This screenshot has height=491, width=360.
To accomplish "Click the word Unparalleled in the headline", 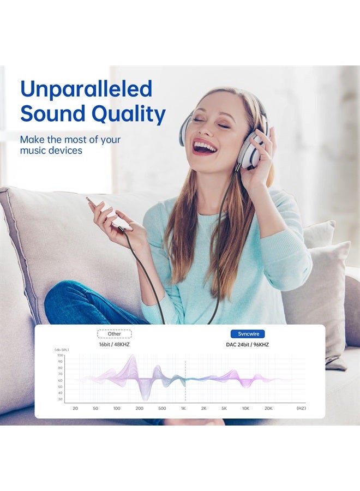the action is (x=86, y=89).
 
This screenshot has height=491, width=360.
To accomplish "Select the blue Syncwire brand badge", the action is (x=248, y=334).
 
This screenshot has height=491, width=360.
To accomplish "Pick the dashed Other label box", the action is (x=114, y=334).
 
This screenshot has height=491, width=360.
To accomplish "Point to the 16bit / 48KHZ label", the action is (x=114, y=344).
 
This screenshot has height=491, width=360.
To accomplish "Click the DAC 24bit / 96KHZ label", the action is (x=247, y=345).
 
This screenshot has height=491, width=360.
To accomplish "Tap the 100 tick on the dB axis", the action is (x=60, y=355).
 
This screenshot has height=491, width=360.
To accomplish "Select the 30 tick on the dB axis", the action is (x=61, y=399).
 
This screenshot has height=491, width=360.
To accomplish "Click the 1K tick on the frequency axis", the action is (x=183, y=408).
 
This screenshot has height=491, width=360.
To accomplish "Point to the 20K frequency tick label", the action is (x=268, y=408).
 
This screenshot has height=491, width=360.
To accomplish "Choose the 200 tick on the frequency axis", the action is (x=139, y=408).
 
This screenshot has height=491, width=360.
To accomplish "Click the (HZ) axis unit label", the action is (x=301, y=408).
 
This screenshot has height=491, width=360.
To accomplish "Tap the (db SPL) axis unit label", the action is (x=62, y=350).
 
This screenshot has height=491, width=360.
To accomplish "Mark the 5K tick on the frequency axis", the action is (x=224, y=408).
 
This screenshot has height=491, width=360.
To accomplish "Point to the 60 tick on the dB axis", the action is (x=61, y=380).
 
